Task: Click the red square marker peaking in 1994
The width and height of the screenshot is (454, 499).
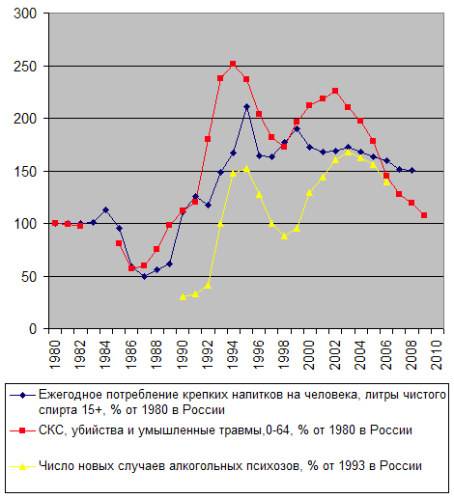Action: [233, 64]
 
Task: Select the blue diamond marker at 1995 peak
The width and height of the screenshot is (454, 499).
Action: [246, 106]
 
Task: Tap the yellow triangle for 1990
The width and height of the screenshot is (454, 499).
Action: [183, 296]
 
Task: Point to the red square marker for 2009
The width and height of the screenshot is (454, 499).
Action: [424, 215]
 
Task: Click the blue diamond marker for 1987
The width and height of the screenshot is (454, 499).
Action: [144, 276]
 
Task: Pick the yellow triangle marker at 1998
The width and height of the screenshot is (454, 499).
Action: [284, 236]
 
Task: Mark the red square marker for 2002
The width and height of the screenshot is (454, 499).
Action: [335, 91]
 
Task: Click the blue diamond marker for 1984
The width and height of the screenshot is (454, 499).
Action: [106, 209]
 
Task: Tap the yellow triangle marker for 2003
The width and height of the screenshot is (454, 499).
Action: [348, 152]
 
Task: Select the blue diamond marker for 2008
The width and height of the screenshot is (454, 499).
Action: [411, 171]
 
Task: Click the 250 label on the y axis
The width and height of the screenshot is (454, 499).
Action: [25, 67]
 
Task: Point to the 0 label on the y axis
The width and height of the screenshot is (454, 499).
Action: [33, 329]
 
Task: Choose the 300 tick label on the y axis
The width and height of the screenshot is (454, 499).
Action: [25, 14]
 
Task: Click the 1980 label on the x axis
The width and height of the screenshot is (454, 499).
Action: [55, 355]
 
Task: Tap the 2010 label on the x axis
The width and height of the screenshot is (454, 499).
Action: [437, 355]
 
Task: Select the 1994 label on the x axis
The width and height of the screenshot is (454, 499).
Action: [233, 355]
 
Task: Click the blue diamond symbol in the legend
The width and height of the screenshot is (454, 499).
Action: [22, 395]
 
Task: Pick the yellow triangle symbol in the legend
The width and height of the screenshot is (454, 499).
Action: [22, 466]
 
